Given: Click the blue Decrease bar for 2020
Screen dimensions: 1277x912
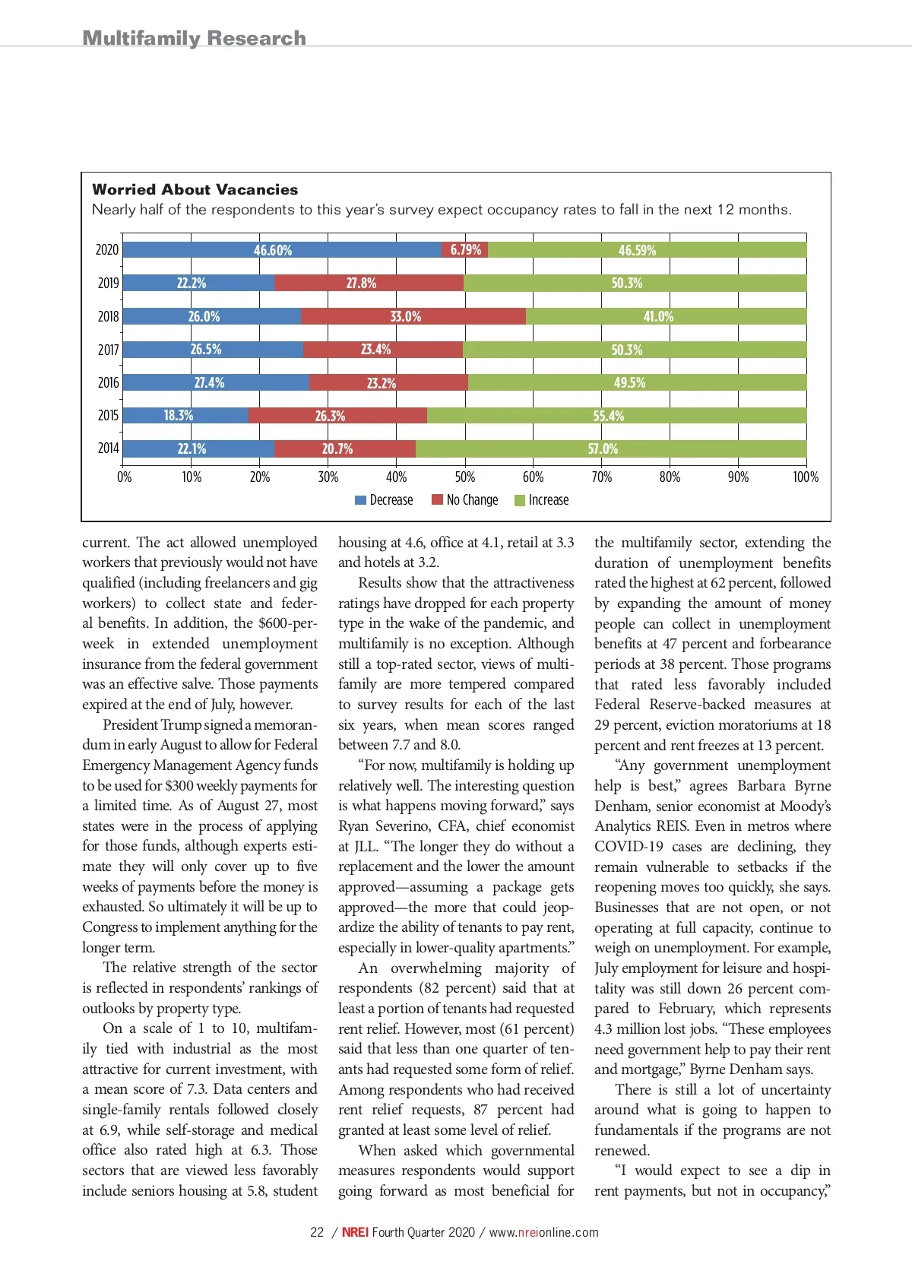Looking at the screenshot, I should coord(281,250).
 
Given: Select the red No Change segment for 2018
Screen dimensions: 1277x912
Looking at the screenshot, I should coord(413,316).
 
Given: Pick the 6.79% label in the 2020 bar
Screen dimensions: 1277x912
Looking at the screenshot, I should coord(465,250).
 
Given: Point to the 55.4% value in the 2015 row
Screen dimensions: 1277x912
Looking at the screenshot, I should coord(608,416).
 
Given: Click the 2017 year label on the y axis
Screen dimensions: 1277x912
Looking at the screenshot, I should coord(108,350).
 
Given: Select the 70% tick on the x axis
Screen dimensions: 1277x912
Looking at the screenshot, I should coord(601,477).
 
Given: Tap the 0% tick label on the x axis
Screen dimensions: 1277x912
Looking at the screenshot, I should coord(124,477).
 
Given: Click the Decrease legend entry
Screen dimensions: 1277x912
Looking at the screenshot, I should coord(385,500).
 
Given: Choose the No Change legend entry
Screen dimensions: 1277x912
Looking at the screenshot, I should coord(465,500).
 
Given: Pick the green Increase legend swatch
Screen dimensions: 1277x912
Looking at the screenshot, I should coord(520,500).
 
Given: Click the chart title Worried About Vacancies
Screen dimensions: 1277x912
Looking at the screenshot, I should coord(195,190).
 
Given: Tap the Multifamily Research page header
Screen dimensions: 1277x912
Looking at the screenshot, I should coord(194,38).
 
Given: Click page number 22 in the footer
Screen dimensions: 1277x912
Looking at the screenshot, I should coord(317,1232).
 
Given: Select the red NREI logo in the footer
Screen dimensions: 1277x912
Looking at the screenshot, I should coord(355,1232).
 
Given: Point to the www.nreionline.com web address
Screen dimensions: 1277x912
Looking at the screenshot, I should coord(543,1232).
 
